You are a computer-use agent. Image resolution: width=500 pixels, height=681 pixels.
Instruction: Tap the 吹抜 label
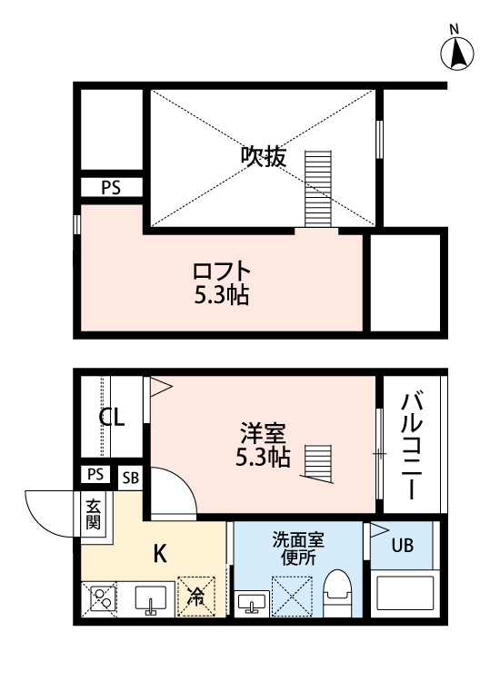click(263, 156)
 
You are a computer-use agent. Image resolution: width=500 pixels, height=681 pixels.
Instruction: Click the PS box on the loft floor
click(110, 189)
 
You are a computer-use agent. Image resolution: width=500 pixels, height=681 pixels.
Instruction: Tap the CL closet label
click(112, 419)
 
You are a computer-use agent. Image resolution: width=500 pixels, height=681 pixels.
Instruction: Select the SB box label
click(130, 477)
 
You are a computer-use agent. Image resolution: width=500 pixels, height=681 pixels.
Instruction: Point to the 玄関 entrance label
click(94, 515)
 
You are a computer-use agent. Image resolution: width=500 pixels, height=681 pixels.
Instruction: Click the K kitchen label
click(160, 552)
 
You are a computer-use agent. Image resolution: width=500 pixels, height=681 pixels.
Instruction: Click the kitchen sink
click(150, 599)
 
